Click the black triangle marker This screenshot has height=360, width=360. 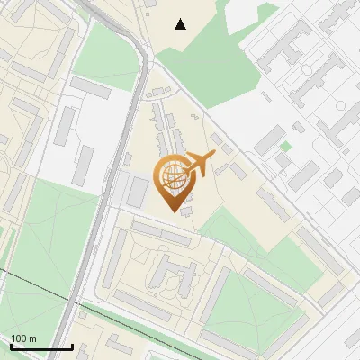(x=181, y=24)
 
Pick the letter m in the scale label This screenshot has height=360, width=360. (x=33, y=338)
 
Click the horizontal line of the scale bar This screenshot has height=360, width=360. (x=41, y=347)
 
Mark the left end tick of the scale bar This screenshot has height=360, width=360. (x=11, y=346)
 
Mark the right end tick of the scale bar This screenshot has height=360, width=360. (x=72, y=346)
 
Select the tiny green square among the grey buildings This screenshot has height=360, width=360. (x=285, y=147)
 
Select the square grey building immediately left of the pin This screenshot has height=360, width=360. (x=138, y=191)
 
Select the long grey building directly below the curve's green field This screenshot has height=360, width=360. (x=91, y=87)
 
